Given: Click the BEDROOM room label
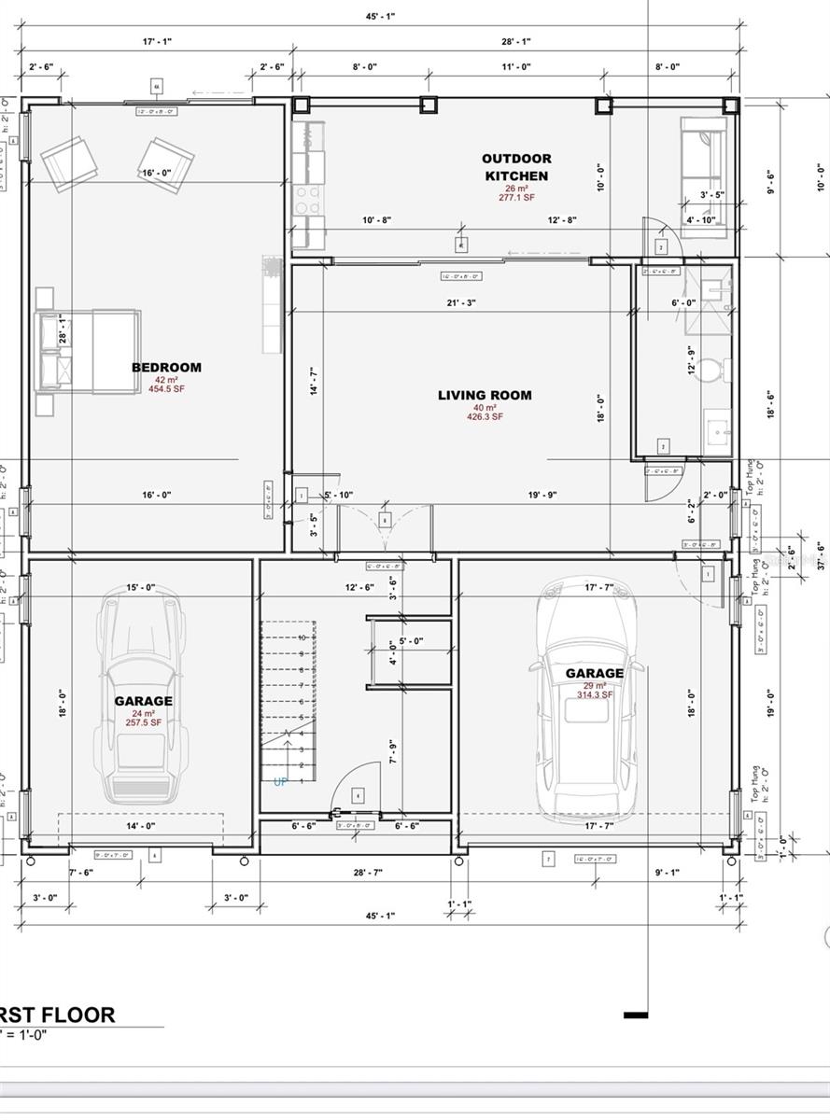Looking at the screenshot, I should point(166,367).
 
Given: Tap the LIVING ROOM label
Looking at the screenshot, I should point(485,395).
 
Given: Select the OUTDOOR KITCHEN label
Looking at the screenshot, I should point(516,167).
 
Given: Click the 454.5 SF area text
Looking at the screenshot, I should point(166,389).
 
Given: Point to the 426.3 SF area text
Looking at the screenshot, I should point(485,417).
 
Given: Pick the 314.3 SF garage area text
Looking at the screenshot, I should point(594,694).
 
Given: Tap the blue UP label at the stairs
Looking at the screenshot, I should point(280,782).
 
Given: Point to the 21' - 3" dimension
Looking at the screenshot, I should point(461,302).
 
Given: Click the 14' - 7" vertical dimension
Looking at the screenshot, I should point(315,382).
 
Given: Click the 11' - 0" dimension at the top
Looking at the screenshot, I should point(515,66).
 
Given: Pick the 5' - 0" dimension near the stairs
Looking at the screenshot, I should point(411,641).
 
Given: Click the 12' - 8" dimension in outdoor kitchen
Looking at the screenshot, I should point(563,220).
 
